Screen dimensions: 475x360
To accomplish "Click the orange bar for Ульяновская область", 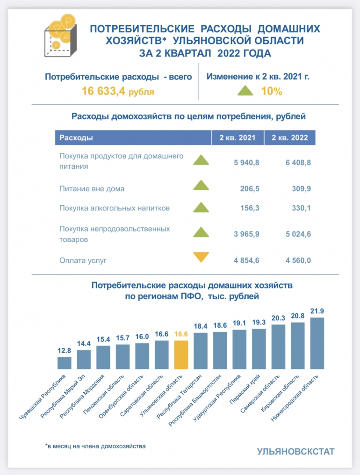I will [181, 355].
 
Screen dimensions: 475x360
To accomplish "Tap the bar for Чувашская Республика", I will [65, 363].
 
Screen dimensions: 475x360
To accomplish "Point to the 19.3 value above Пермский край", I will [259, 323].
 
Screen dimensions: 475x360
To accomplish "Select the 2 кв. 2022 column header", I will [289, 138].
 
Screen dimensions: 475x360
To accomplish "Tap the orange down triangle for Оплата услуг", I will [201, 257].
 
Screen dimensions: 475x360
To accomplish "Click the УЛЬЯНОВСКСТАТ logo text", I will [295, 452].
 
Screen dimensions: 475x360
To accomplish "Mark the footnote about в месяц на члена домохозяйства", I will [95, 446].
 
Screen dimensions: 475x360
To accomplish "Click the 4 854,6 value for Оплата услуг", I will [246, 260].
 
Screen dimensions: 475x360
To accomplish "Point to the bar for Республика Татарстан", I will [201, 351].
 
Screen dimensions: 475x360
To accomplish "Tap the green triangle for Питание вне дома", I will [201, 186].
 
